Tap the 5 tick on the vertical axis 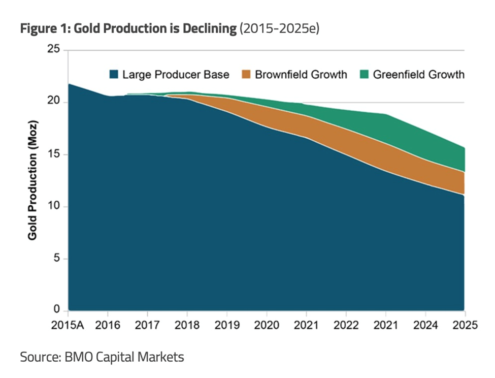coord(57,259)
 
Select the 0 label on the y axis coord(57,310)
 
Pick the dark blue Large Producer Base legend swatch coord(115,75)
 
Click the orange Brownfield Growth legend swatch coord(246,75)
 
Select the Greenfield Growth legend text coord(418,75)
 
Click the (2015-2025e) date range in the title coord(279,29)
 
